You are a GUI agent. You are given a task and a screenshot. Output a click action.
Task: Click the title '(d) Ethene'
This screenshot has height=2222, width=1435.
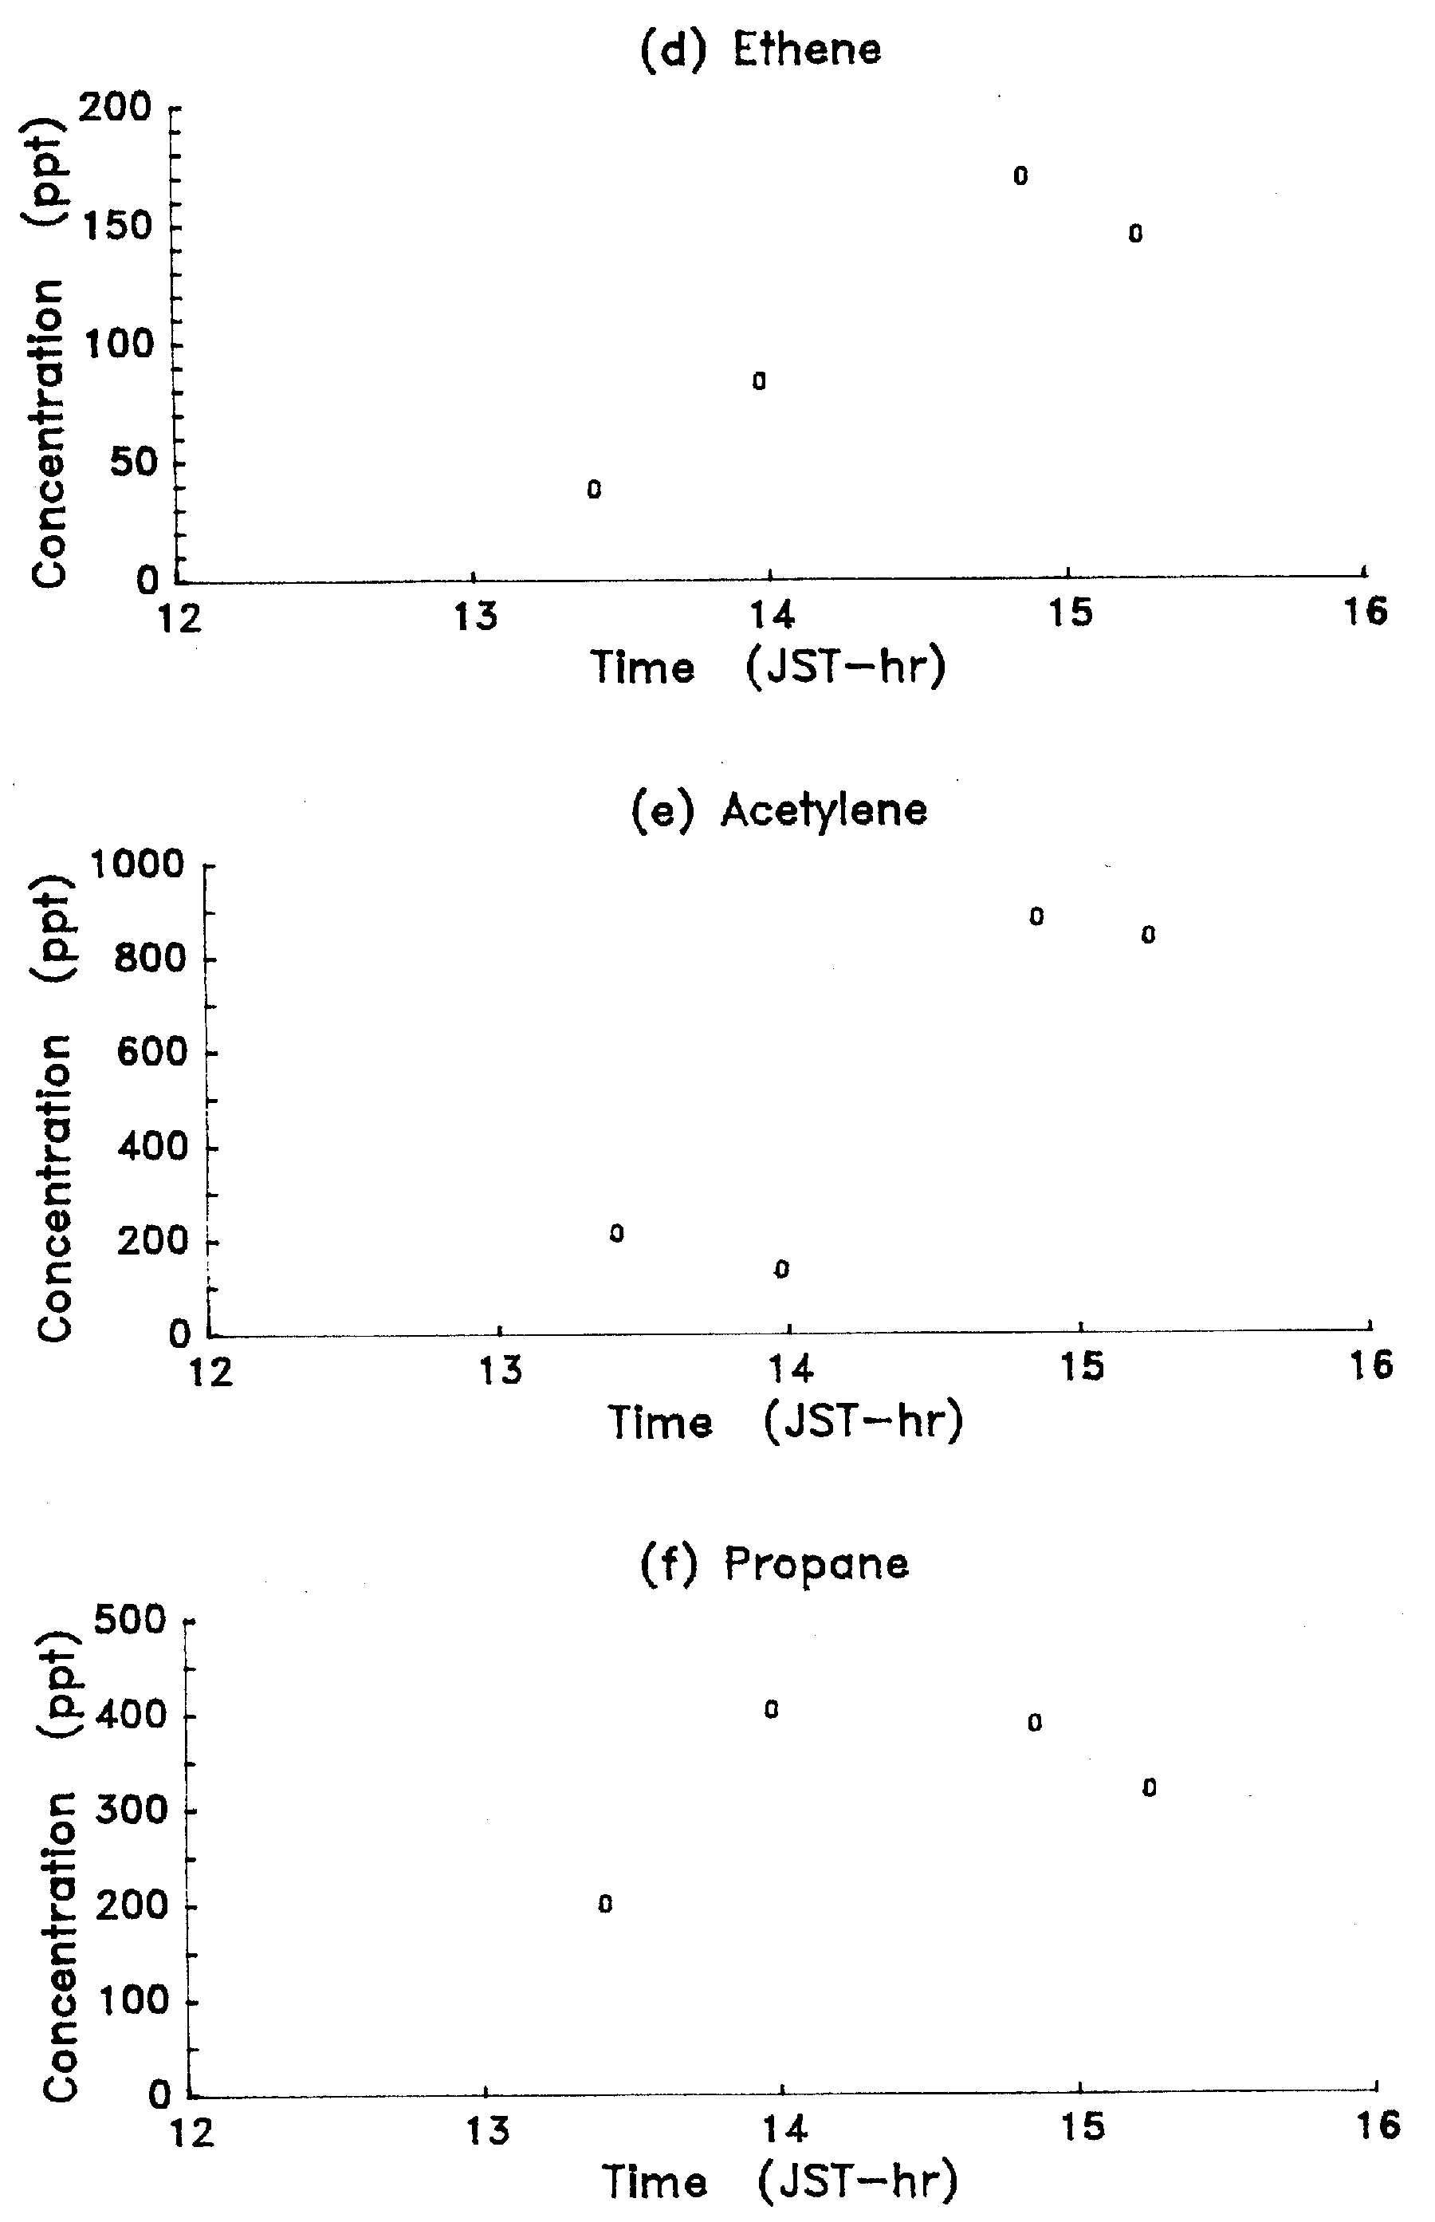pos(761,49)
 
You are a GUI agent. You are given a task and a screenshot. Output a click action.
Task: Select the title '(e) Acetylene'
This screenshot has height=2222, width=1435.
pos(779,810)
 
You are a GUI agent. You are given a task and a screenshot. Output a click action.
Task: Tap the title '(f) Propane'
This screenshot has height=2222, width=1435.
pos(773,1564)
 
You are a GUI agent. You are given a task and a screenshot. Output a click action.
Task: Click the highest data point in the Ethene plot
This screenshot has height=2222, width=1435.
pos(1020,175)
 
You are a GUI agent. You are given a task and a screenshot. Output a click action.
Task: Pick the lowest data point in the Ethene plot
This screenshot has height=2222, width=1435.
pos(595,490)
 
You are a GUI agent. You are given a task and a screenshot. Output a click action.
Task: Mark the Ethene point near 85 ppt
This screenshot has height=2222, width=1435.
pos(760,380)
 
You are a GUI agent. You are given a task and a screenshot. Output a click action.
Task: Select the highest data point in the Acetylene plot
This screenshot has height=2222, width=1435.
pos(1036,916)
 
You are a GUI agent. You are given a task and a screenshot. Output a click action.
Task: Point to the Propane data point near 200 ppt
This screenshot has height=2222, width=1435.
pos(606,1903)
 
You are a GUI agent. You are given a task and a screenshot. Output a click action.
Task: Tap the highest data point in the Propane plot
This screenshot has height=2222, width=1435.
pos(772,1708)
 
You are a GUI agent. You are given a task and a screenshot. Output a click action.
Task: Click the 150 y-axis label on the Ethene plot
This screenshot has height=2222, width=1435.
pos(116,227)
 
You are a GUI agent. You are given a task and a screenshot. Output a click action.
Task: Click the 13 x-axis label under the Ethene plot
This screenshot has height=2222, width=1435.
pos(475,616)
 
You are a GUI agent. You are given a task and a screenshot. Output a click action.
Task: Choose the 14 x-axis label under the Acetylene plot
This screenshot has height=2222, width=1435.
pos(790,1369)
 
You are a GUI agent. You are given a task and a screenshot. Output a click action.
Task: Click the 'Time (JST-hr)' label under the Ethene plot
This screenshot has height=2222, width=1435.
pos(768,667)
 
